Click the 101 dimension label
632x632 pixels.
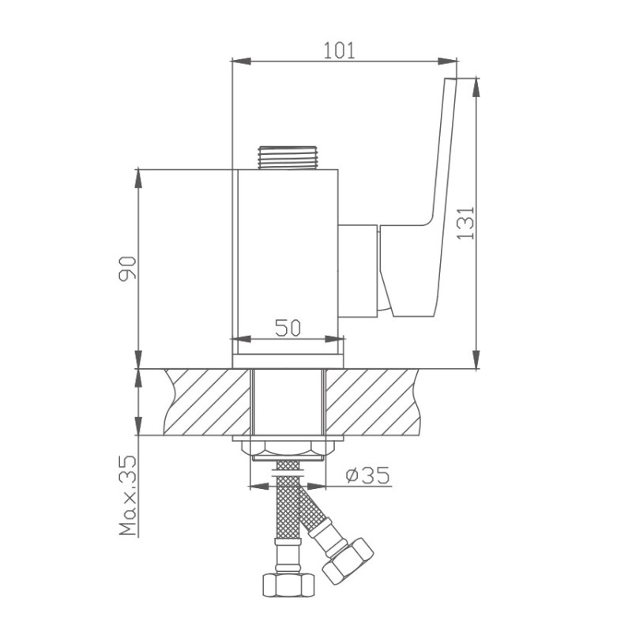(340, 51)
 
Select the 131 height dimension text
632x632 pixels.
(466, 223)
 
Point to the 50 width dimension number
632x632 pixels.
(288, 327)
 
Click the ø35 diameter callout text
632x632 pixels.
(368, 476)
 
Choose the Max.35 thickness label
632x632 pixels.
(128, 496)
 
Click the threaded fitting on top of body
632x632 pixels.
(286, 157)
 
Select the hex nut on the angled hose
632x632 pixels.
(348, 561)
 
